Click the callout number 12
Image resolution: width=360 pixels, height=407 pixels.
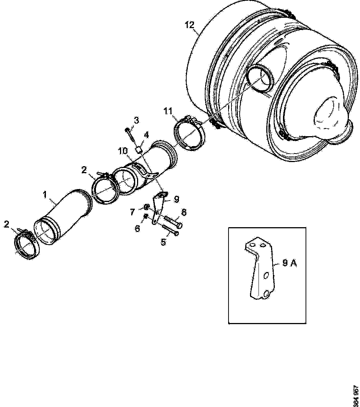(189, 25)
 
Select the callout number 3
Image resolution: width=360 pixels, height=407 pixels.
(137, 120)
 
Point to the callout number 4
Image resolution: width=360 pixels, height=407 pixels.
(147, 135)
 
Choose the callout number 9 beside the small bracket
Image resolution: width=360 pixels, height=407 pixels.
(176, 199)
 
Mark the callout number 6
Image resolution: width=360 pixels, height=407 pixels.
(137, 229)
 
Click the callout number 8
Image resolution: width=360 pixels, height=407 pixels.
(184, 212)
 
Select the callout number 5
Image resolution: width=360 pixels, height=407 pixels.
(163, 242)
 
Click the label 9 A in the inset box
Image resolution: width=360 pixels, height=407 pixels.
(290, 263)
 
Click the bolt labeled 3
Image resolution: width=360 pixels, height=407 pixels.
(131, 137)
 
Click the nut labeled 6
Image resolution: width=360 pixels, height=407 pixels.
(146, 216)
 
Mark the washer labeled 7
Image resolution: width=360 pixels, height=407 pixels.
(147, 207)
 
